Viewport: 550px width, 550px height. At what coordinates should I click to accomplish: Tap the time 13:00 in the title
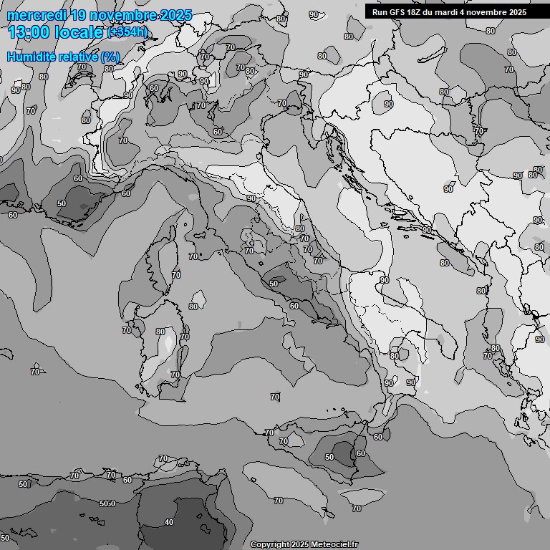28,32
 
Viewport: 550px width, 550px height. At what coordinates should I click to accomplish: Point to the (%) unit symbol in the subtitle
110,57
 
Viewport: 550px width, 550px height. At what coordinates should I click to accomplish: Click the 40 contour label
169,522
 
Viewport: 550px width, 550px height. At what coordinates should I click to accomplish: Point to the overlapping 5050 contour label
107,503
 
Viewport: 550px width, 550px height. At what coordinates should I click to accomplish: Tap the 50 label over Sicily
329,457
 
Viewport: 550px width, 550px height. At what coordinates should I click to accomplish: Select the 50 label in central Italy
274,284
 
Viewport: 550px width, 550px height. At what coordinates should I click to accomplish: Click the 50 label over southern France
62,203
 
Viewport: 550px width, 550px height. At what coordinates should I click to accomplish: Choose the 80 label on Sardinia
160,332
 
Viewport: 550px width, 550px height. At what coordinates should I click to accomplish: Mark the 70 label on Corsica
176,274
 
